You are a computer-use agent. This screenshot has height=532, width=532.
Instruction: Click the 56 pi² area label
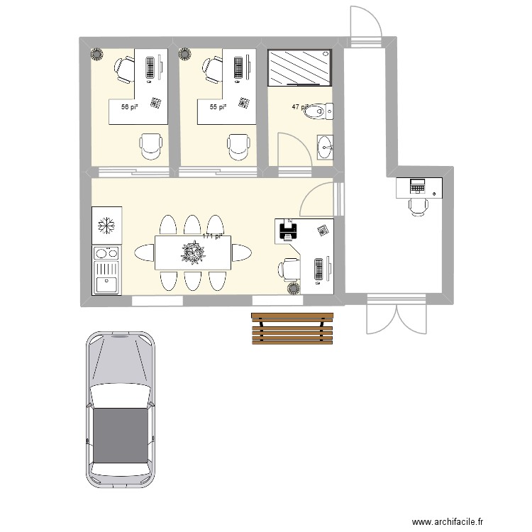tap(128, 107)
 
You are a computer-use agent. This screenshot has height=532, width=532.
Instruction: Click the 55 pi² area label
tap(217, 107)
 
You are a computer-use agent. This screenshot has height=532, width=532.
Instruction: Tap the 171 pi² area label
tap(213, 236)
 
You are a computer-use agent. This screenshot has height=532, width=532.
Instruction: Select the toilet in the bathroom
tap(316, 111)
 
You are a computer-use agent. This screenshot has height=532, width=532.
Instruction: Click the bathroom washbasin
tap(325, 147)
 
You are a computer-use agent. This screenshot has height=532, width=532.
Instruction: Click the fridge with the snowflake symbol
tap(106, 226)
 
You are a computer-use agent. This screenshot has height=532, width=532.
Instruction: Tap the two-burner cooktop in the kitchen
tap(106, 253)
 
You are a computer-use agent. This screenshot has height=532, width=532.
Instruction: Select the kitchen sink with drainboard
tap(106, 278)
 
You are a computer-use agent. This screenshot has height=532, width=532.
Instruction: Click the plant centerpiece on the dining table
tap(193, 253)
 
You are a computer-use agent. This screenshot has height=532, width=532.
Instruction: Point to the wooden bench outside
tap(292, 328)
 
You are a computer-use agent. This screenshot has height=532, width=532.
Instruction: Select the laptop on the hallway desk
tap(418, 187)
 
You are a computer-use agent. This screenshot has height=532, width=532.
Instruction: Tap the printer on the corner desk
tap(289, 229)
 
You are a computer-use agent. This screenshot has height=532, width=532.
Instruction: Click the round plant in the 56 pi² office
tap(96, 54)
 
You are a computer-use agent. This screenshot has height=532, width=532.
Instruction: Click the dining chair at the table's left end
tap(143, 253)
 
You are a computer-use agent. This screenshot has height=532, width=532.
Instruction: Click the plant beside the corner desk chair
tap(293, 288)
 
